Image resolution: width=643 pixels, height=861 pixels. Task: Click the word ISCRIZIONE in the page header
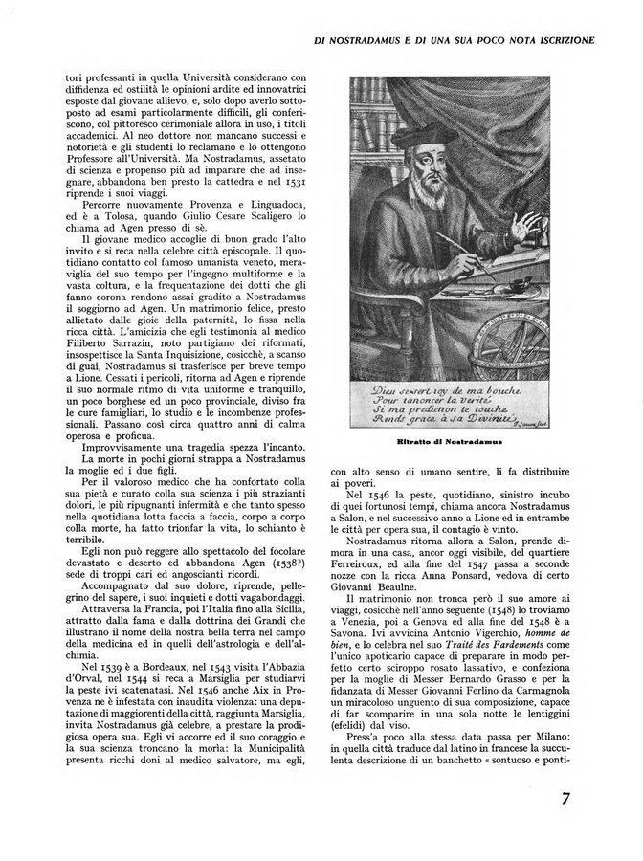point(558,41)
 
